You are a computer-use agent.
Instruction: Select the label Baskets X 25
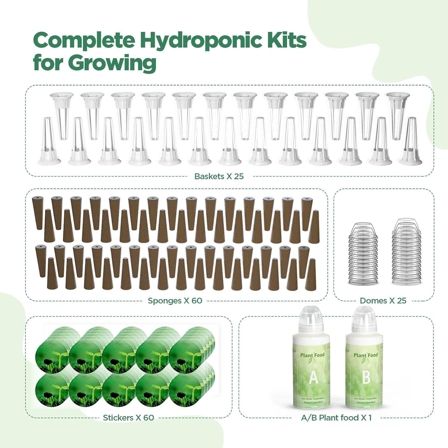219,176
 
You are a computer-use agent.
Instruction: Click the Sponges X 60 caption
175,300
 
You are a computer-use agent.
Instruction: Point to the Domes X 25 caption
383,300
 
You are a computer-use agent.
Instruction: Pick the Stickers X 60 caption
128,418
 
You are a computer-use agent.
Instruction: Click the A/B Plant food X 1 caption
336,418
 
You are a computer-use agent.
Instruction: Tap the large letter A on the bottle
313,378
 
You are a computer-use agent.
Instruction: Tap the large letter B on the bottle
366,378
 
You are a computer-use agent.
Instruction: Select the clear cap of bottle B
364,318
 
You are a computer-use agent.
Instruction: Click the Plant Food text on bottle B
366,355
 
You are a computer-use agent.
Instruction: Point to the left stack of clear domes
363,254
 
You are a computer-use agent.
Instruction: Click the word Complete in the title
84,41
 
